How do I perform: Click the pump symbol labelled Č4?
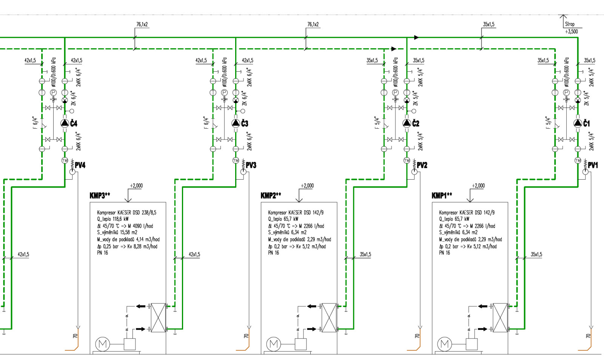click(65, 123)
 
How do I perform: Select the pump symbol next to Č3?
click(236, 123)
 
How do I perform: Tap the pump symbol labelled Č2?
click(407, 123)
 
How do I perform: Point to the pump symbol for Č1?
click(578, 123)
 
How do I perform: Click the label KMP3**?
click(100, 195)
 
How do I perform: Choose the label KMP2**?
click(271, 195)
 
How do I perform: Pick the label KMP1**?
click(442, 195)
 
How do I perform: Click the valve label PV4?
click(80, 165)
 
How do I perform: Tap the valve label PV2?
click(422, 165)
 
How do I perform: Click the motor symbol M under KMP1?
click(445, 344)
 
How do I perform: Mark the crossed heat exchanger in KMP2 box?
click(329, 318)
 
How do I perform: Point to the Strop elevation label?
click(570, 24)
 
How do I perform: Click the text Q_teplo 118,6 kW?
click(113, 219)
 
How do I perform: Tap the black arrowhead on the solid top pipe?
click(416, 37)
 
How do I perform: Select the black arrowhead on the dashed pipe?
click(394, 49)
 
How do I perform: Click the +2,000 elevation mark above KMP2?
click(307, 186)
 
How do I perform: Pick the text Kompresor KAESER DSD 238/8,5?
click(126, 213)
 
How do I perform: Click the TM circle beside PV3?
click(236, 160)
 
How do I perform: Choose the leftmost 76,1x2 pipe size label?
click(142, 25)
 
